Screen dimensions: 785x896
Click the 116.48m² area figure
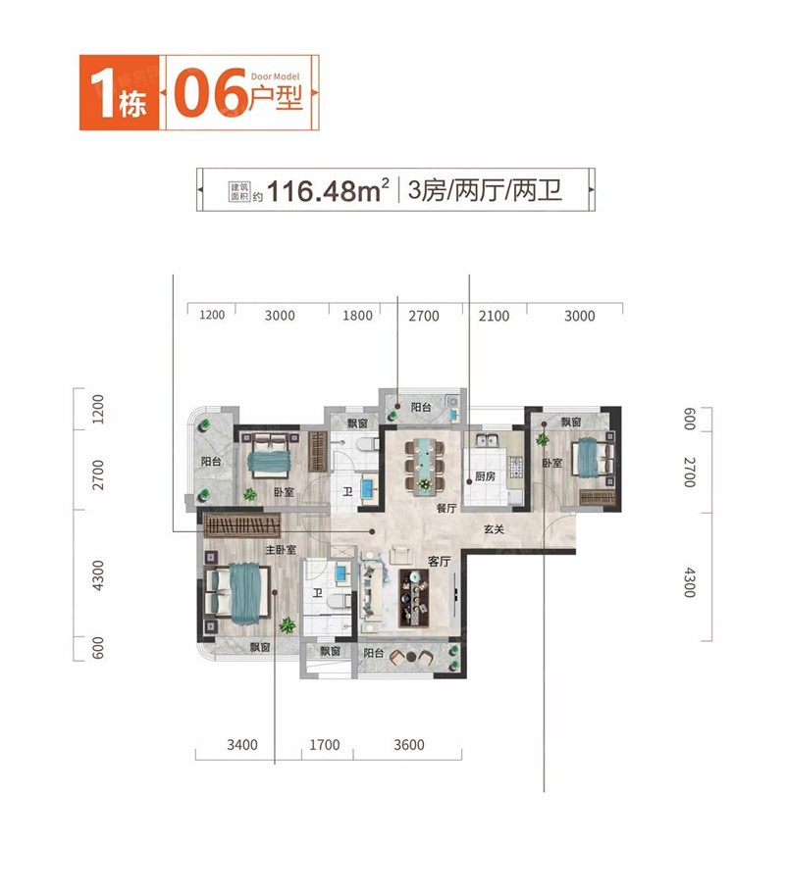coord(328,191)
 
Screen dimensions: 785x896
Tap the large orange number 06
coord(210,94)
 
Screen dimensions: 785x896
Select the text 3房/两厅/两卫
coord(485,190)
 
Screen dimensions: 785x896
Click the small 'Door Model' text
coord(275,76)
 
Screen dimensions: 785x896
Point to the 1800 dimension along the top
coord(357,316)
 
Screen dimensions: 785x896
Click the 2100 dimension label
coord(494,316)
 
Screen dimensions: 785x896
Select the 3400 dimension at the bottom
coord(242,745)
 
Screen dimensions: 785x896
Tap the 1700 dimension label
coord(325,745)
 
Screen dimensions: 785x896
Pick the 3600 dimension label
coord(409,745)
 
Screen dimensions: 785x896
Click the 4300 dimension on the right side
coord(690,582)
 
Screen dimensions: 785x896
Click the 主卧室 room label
coord(281,550)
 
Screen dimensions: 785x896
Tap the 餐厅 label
coord(446,508)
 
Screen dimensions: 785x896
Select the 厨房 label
coord(485,476)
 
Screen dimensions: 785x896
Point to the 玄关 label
coord(494,529)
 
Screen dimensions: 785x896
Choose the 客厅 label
coord(439,561)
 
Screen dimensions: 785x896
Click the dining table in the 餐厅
coord(425,465)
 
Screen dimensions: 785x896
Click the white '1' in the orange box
coord(102,93)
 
